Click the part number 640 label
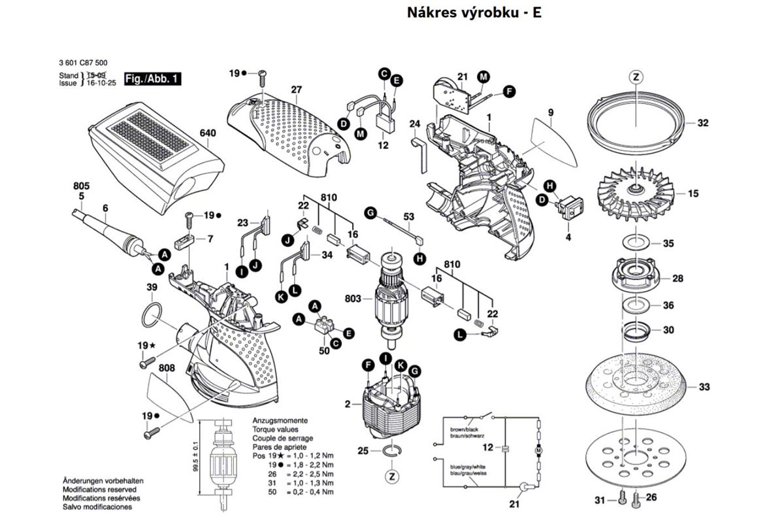point(207,133)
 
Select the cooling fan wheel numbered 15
point(634,194)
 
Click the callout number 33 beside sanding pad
point(704,388)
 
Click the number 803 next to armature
point(353,299)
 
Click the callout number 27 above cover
point(296,90)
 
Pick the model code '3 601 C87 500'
point(79,63)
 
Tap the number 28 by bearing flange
point(678,278)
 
